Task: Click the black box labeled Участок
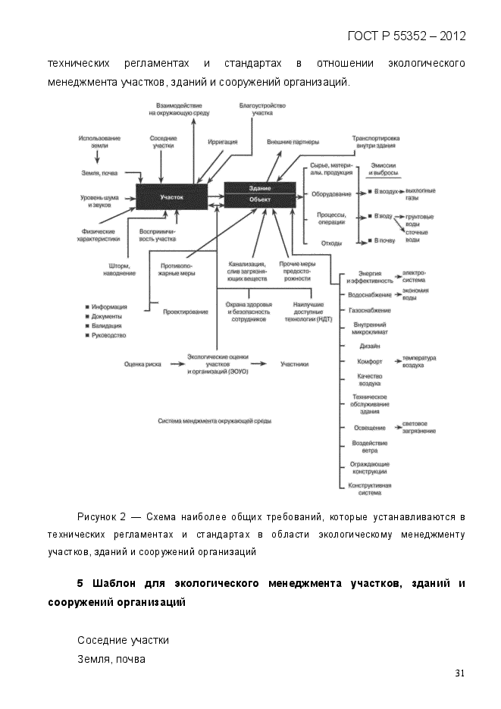click(x=171, y=197)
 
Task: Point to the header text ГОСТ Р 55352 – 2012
click(x=406, y=36)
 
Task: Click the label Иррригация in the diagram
click(x=223, y=142)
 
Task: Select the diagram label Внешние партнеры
click(x=293, y=142)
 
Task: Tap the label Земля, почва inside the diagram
click(x=99, y=173)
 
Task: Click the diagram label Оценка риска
click(x=142, y=364)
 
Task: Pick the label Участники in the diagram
click(x=294, y=364)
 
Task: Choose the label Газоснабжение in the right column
click(x=370, y=310)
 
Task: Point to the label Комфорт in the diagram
click(x=370, y=361)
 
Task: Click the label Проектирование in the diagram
click(x=186, y=312)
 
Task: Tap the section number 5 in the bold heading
click(x=80, y=585)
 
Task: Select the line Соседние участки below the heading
click(x=123, y=641)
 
